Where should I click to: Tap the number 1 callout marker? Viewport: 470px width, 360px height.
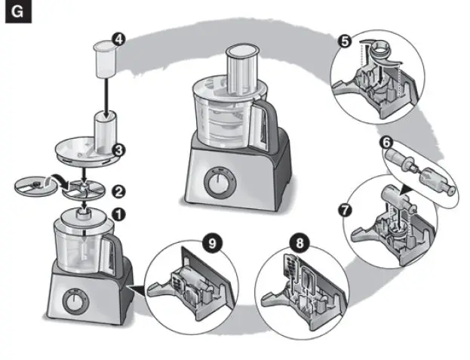[118, 214]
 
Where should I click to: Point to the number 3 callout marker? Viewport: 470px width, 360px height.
[118, 150]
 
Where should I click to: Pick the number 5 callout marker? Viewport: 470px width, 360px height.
[346, 42]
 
